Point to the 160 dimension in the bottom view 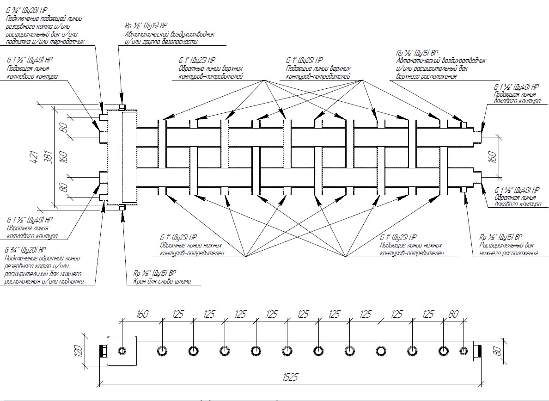tap(142, 315)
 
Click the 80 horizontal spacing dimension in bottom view tap(453, 315)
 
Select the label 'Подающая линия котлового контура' tap(32, 73)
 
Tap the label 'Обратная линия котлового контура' tap(32, 232)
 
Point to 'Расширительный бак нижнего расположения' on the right tap(508, 249)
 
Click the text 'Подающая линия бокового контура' tap(517, 98)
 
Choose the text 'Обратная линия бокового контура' tap(517, 201)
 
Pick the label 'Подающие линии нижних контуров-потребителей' tap(411, 249)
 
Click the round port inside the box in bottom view tap(122, 351)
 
